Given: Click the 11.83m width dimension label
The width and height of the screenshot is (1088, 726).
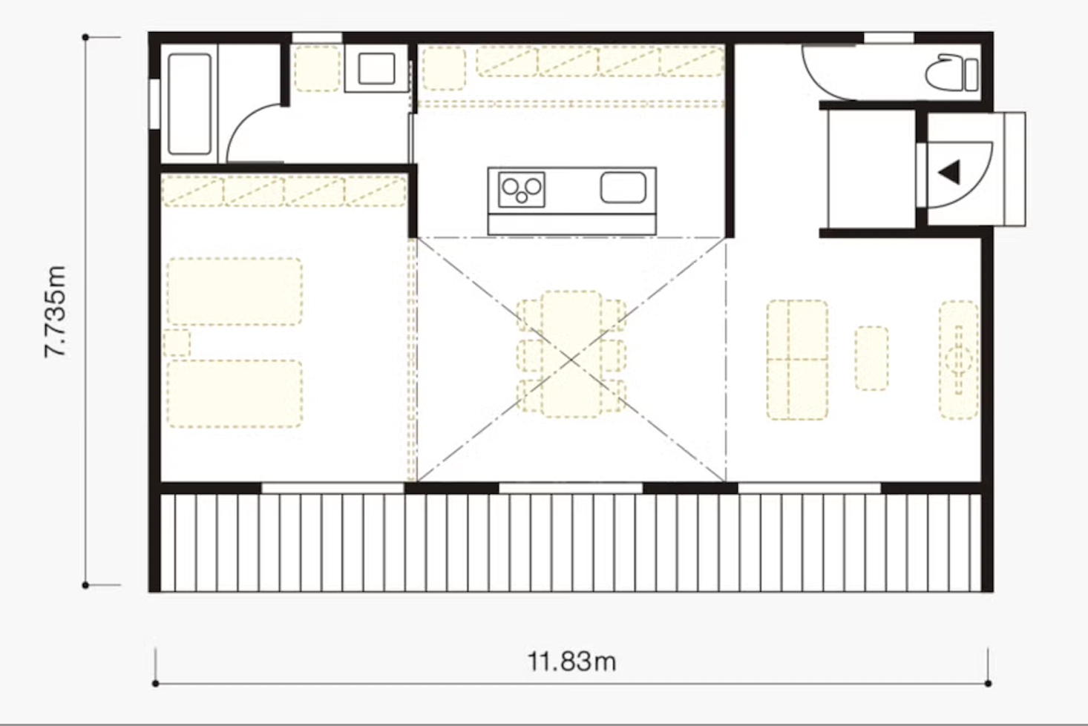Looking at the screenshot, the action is coord(571,662).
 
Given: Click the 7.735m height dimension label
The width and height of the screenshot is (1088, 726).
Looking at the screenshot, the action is coord(55,311).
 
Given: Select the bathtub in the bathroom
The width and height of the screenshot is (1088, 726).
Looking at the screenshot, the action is coord(189,104).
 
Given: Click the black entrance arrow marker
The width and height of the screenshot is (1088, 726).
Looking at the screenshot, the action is coord(949,172).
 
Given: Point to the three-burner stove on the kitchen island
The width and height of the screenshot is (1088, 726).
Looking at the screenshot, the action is coord(521,189).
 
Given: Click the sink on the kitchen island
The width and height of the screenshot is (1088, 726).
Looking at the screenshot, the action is coord(623,188).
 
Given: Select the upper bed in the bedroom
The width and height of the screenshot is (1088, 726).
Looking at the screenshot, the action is coord(235,291).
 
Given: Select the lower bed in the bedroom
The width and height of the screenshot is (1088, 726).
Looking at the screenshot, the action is coord(235,394).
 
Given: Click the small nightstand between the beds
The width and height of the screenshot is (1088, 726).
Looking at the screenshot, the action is coord(177,343).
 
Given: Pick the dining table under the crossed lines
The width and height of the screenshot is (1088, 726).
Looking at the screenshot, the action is coord(571,354).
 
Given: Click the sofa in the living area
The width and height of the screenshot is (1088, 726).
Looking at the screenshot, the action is coord(797,360).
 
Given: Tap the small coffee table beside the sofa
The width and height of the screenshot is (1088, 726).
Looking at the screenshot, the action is coord(871,358).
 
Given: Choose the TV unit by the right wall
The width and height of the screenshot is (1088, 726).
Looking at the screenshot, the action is coord(958,360).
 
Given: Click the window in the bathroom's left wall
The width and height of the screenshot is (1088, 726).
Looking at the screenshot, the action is coord(154,104).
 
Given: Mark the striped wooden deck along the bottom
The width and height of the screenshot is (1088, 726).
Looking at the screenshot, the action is coord(571,543).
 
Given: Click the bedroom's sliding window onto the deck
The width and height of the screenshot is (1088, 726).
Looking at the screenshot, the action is coord(332,488).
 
